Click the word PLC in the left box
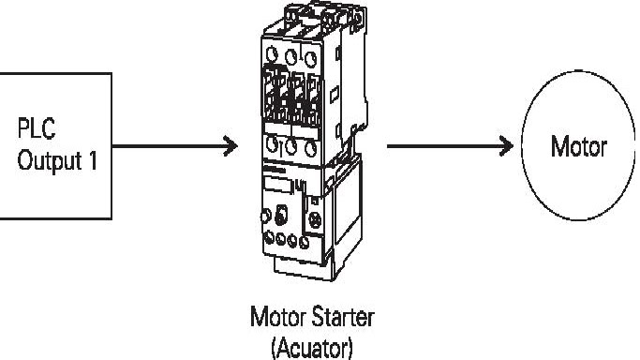coord(33,125)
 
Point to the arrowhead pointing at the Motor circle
coord(506,146)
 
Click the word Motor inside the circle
coord(579,147)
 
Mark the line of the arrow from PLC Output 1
coord(169,146)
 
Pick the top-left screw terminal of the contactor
coord(273,53)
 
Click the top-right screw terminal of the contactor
coord(311,53)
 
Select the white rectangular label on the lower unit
coord(276,184)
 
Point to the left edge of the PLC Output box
coord(1,145)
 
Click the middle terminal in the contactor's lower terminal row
coord(291,146)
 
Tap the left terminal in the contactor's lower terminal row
coord(273,146)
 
